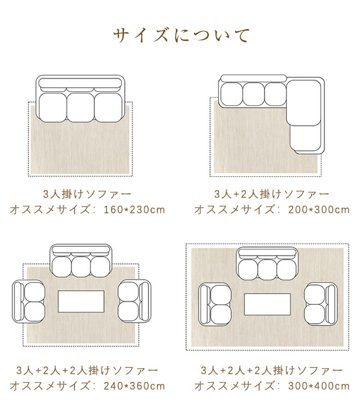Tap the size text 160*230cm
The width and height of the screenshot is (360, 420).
pos(134,209)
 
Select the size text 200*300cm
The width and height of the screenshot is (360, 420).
pos(319,209)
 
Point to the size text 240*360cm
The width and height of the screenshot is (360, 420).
pos(134,386)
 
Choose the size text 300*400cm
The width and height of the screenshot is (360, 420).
pos(319,386)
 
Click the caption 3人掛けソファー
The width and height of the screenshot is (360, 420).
pos(87,194)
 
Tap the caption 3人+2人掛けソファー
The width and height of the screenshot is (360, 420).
pos(272,194)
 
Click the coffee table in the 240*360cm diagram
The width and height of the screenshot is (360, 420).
pos(81,301)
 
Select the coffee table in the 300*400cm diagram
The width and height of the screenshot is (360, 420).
pos(267,304)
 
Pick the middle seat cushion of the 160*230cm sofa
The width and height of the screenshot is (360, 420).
pos(80,107)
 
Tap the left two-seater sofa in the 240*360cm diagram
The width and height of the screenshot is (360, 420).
pos(29,302)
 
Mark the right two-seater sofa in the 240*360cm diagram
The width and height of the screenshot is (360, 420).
pos(134,301)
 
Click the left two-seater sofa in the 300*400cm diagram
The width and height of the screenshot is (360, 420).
pos(214,304)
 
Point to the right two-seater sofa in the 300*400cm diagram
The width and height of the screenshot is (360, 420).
pos(320,304)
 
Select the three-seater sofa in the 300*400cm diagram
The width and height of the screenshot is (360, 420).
pos(267,264)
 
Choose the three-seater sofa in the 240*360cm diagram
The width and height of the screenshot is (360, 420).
pos(81,261)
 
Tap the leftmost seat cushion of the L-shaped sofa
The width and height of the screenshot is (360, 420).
pos(232,94)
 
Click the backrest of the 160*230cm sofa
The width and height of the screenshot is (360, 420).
pos(80,83)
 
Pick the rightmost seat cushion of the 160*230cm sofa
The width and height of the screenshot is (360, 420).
pos(109,107)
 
